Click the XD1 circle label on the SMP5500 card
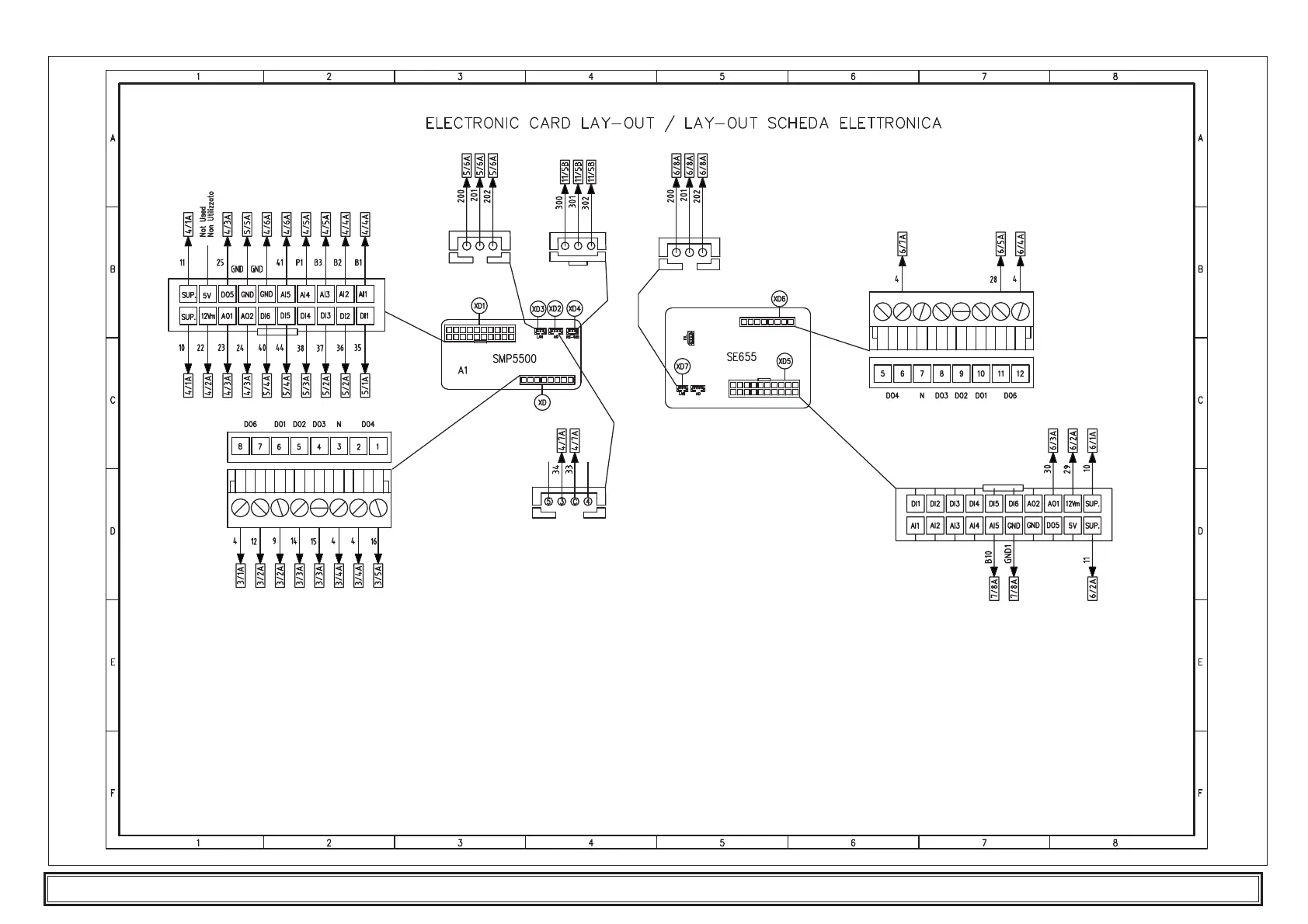(x=480, y=306)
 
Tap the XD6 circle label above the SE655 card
(x=780, y=299)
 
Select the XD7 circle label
(x=682, y=366)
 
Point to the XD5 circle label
(x=784, y=361)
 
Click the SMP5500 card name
(x=514, y=359)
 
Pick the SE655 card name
(x=741, y=357)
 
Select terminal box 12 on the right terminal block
(x=1021, y=373)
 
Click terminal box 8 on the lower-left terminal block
(x=240, y=446)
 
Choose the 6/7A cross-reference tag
(x=903, y=244)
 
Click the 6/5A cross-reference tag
(x=1000, y=244)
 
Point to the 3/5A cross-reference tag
(x=378, y=575)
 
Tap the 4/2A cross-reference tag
(x=207, y=386)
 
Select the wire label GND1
(x=1007, y=555)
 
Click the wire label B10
(x=988, y=558)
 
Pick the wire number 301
(x=572, y=203)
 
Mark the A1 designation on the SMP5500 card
(x=463, y=370)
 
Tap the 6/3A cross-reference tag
(x=1053, y=440)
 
